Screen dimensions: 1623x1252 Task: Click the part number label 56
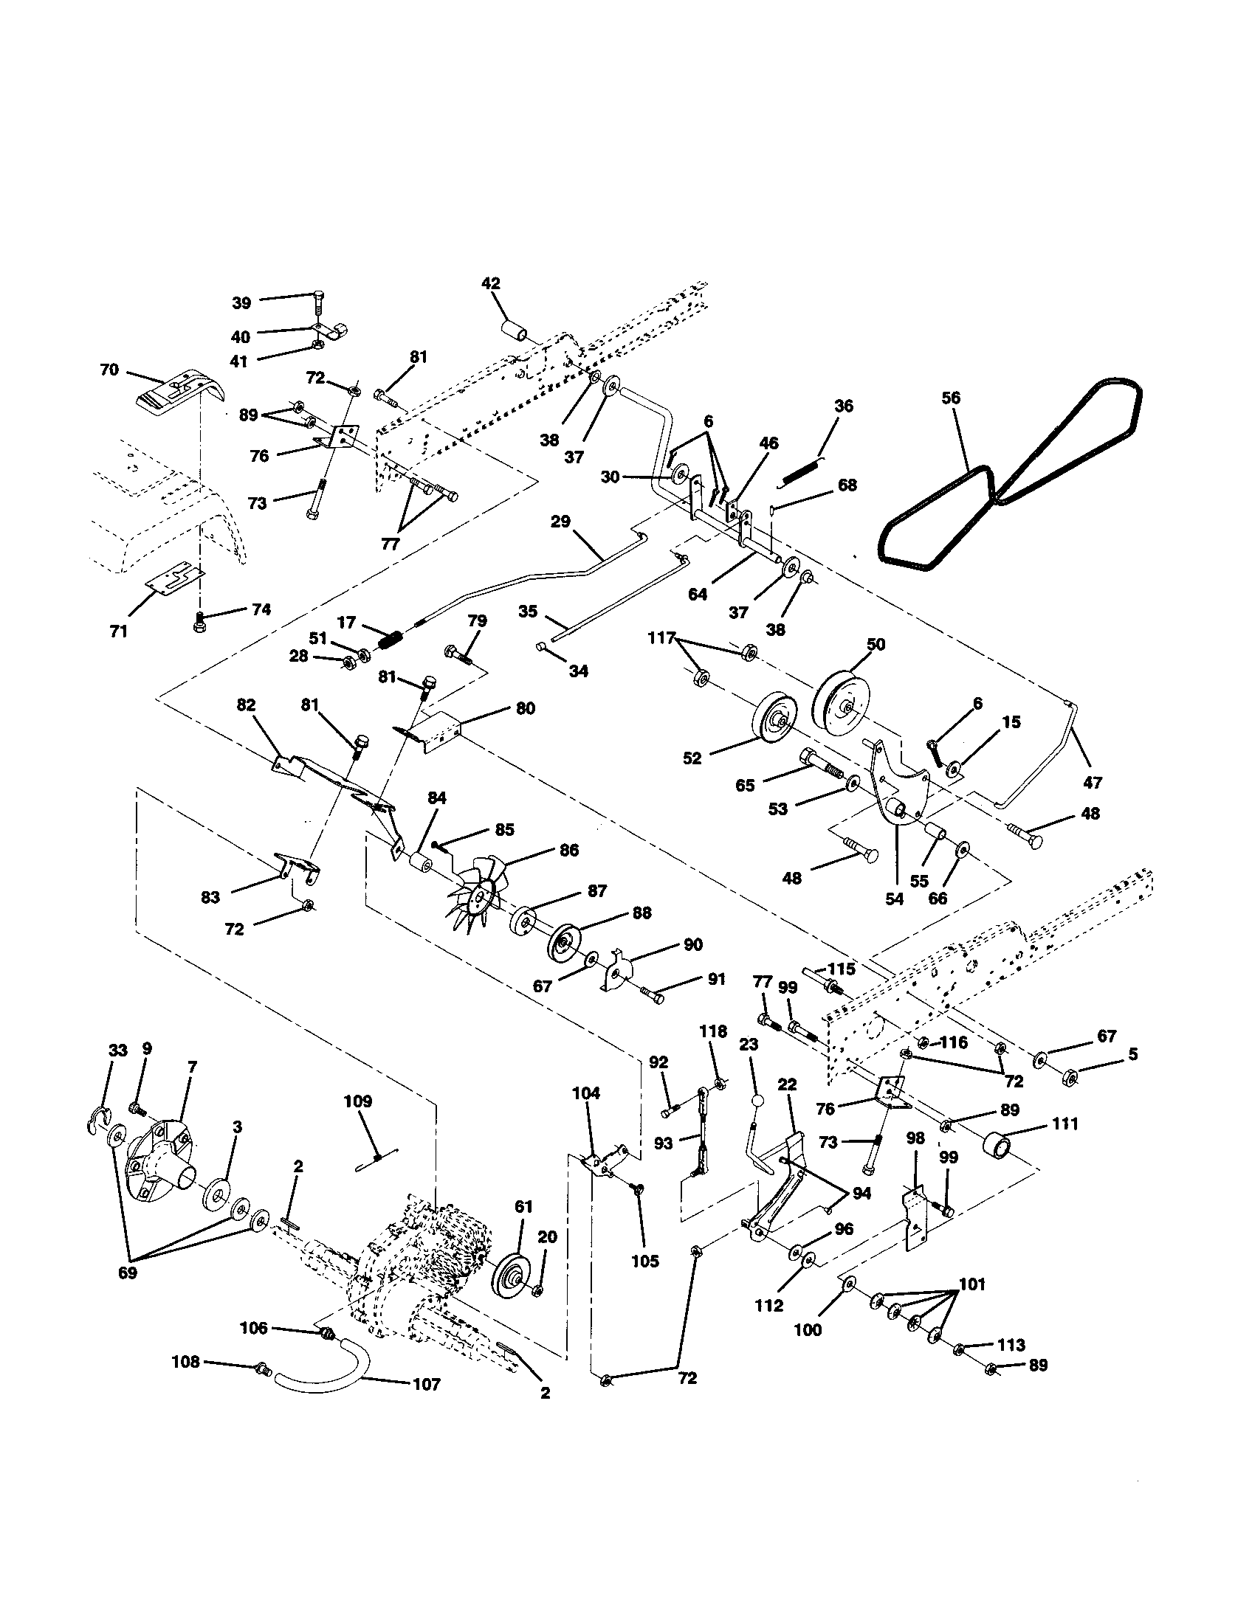point(950,398)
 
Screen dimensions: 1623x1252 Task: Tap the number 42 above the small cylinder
point(491,283)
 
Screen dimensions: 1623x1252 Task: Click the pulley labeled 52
point(774,719)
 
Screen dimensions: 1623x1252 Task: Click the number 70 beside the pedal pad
point(109,370)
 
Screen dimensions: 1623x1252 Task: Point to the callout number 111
point(1065,1124)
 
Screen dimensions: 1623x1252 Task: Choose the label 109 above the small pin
point(357,1101)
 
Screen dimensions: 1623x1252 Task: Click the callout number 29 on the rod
point(560,521)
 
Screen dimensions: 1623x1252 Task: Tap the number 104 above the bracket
point(586,1093)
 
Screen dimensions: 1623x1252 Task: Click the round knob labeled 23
point(757,1101)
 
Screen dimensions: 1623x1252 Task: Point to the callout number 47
point(1093,782)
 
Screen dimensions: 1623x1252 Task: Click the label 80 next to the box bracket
point(525,708)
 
